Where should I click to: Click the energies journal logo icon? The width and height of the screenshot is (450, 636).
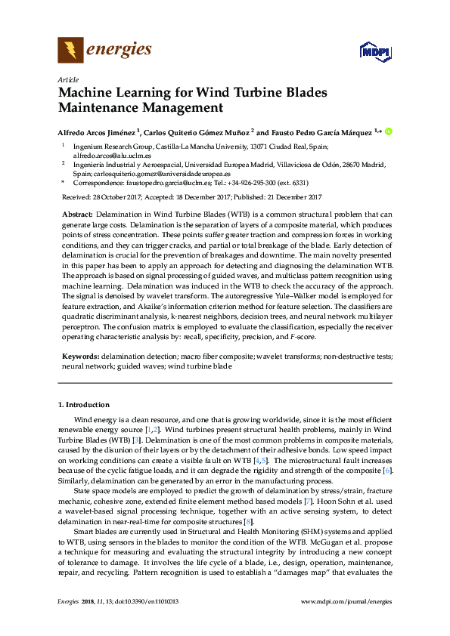tap(70, 51)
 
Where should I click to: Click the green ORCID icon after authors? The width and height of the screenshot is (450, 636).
tap(389, 130)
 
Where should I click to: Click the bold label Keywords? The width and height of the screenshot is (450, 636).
tap(79, 355)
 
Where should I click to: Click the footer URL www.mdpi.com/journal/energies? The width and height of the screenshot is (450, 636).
tap(346, 601)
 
